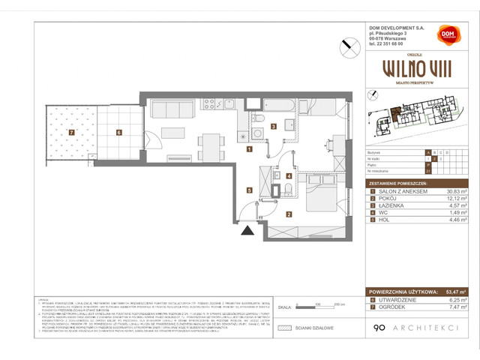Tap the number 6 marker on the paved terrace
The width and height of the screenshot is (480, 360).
[118, 133]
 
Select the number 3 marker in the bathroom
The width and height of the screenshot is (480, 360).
[274, 126]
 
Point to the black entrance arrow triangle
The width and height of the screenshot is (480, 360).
[245, 233]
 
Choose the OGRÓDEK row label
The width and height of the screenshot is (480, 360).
[389, 305]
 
